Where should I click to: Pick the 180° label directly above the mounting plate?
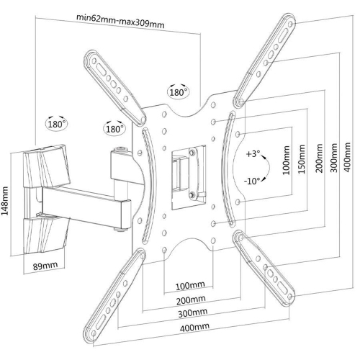click(178, 91)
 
